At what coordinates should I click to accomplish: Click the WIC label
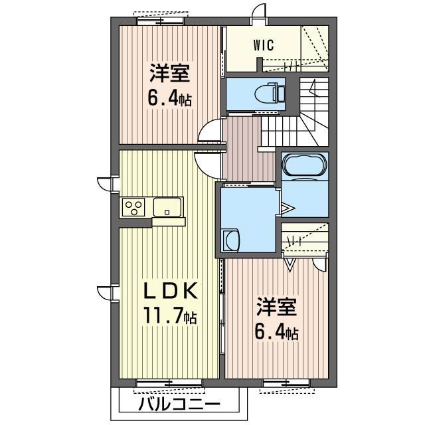264,45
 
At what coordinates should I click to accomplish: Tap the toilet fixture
270,94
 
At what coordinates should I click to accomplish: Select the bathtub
305,165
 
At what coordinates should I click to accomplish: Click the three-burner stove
133,207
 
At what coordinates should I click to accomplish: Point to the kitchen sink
167,207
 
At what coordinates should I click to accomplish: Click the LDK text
170,292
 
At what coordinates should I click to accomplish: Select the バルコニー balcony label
179,405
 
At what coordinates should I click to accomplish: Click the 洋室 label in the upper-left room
169,73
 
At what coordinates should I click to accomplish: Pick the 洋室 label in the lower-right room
276,307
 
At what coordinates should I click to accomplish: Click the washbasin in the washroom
231,240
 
